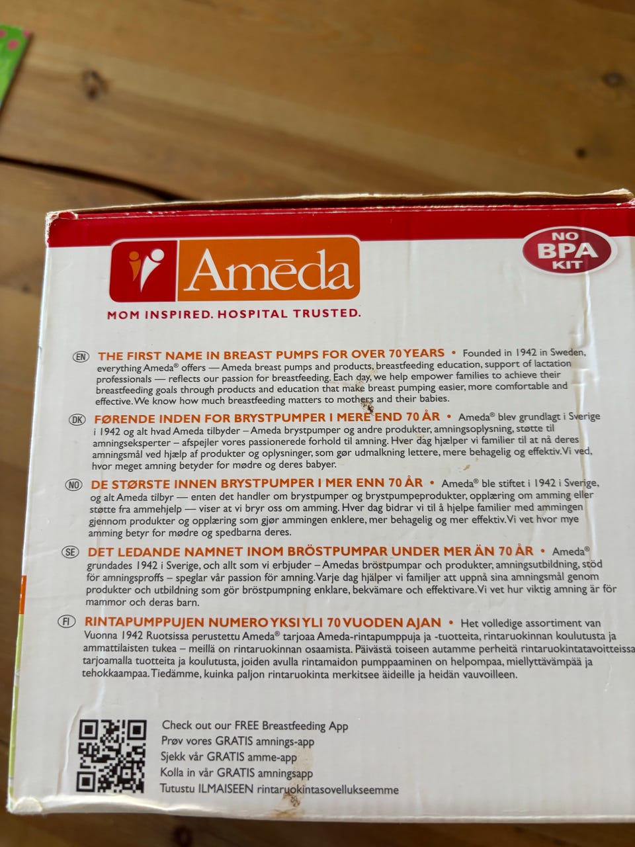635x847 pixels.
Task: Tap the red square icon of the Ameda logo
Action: tap(143, 271)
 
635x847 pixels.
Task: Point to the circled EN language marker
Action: tap(81, 357)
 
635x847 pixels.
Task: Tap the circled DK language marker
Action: tap(77, 420)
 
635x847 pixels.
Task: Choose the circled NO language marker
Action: tap(74, 485)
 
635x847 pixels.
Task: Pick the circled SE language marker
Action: tap(71, 552)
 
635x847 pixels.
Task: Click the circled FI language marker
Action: tap(67, 621)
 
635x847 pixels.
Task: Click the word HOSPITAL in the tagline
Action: tap(252, 314)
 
